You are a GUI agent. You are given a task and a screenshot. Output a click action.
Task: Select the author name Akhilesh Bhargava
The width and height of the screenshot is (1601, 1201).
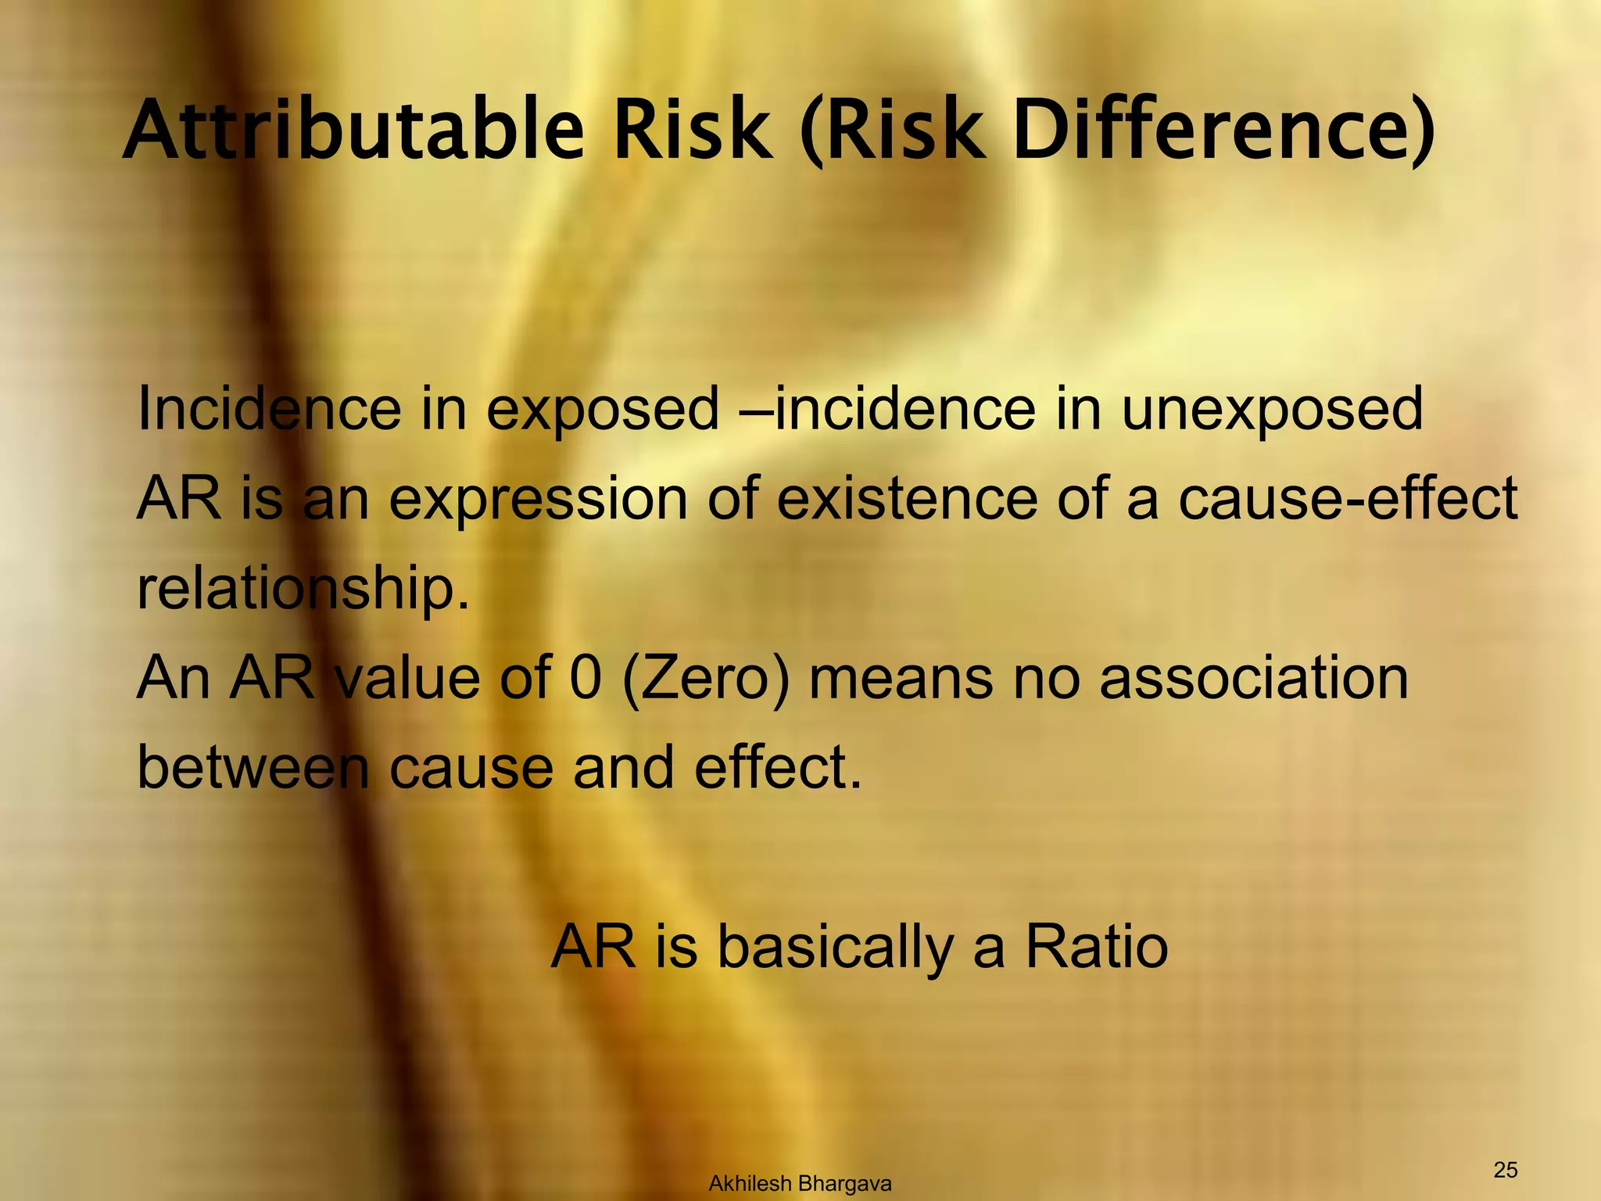800,1184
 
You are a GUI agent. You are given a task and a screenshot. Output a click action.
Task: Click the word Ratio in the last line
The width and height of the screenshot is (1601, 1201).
1096,947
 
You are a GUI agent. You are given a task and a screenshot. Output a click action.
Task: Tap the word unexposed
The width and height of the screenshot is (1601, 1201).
1272,409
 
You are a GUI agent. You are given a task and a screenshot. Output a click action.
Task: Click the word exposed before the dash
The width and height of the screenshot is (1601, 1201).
602,410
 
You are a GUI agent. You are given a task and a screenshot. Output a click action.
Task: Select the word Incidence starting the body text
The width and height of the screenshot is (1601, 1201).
268,409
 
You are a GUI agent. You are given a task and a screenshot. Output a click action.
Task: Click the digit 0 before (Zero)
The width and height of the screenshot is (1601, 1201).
586,677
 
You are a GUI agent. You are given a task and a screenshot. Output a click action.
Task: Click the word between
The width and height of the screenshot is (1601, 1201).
253,766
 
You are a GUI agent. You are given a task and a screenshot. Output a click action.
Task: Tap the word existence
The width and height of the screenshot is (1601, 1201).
907,498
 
